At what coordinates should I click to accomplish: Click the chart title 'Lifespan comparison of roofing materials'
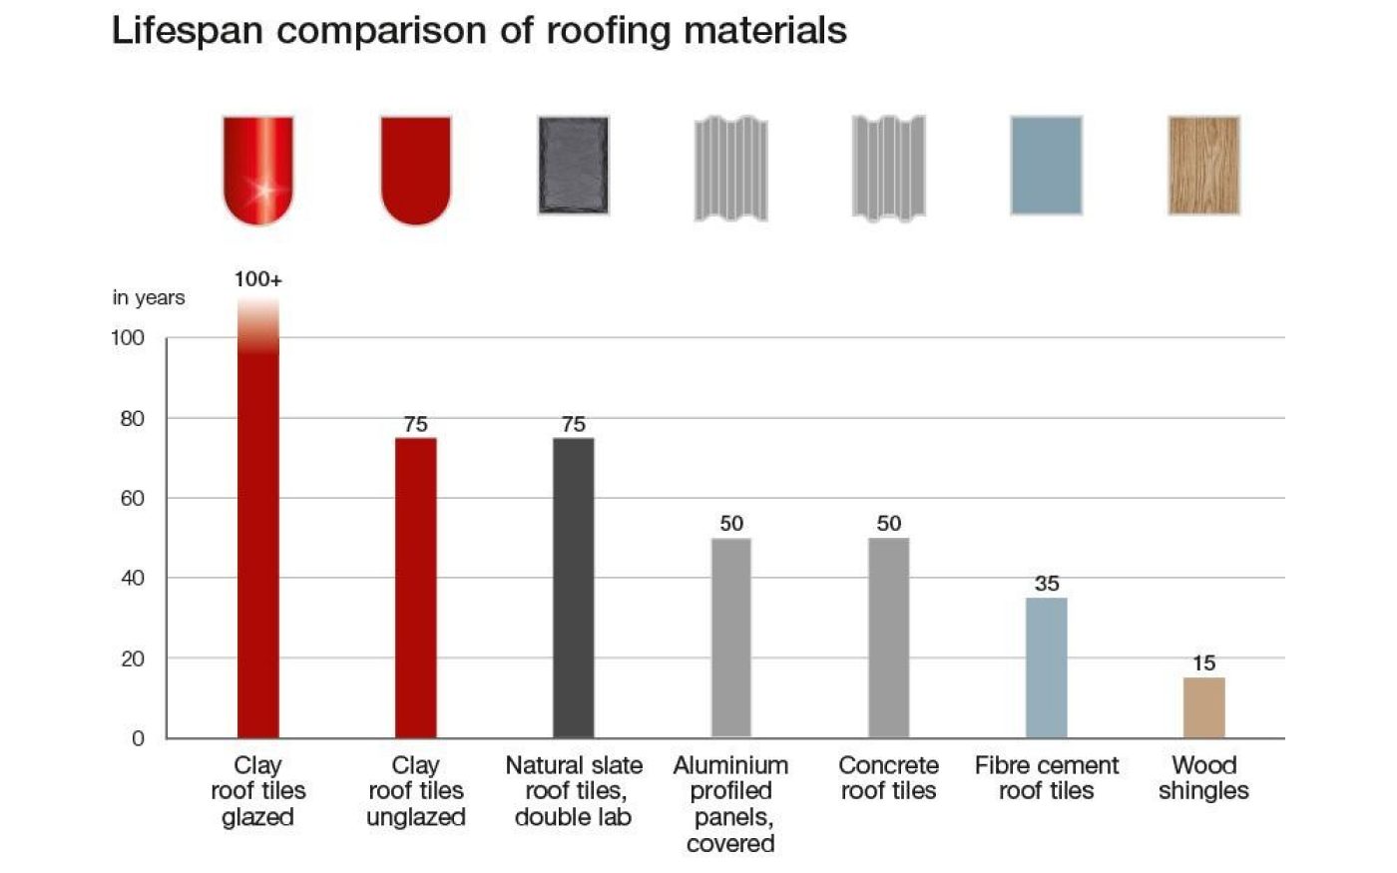479,31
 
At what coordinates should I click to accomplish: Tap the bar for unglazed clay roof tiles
415,588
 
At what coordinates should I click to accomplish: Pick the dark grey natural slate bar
573,588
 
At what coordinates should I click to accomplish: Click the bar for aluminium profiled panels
730,638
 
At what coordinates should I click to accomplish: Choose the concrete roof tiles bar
888,638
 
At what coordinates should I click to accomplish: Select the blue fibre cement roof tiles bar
1046,667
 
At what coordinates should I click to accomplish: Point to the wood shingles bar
1203,707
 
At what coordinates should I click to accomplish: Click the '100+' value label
258,280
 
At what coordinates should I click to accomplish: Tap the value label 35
1047,584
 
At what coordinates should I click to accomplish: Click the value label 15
1203,663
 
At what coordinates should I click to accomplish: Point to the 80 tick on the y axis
133,419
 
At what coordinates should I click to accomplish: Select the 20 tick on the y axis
133,659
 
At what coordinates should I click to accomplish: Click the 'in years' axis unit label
149,298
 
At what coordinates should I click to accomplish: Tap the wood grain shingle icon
1203,166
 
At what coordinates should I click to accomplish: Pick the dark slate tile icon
573,166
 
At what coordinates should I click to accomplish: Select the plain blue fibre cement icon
1046,166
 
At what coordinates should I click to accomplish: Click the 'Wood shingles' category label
1203,778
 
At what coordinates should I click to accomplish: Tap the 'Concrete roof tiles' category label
888,778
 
